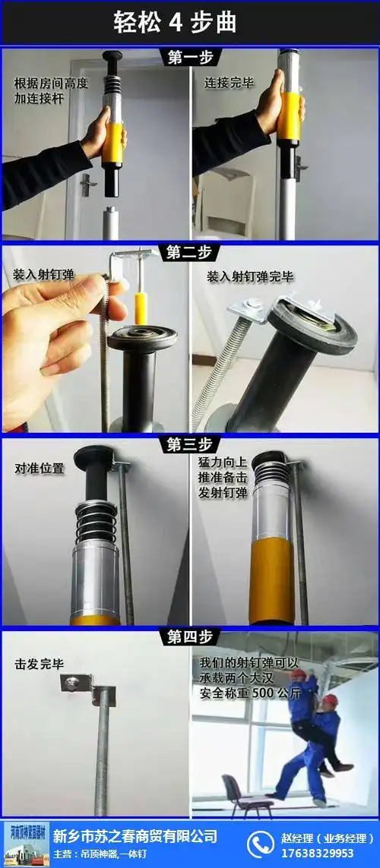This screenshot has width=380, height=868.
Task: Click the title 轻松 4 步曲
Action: [x=176, y=22]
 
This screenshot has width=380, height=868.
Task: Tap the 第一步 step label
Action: [x=190, y=58]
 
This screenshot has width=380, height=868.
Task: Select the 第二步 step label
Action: [x=190, y=253]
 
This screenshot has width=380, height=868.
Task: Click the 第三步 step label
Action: [x=190, y=444]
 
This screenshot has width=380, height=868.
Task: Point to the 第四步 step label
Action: [x=190, y=636]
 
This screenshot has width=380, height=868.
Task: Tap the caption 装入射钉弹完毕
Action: [x=250, y=277]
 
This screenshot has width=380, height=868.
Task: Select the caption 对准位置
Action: [x=40, y=469]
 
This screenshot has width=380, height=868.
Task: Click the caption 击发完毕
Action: [x=40, y=664]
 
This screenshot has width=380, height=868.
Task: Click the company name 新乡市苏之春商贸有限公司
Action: [x=135, y=836]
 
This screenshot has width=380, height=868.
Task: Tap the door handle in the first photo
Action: [x=88, y=181]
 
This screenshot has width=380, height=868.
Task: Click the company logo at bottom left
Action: [x=26, y=844]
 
